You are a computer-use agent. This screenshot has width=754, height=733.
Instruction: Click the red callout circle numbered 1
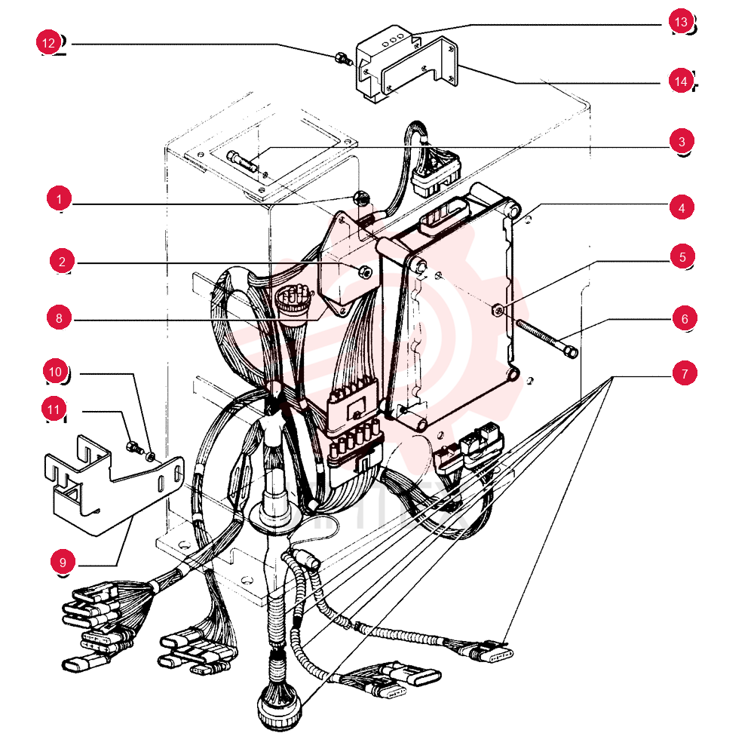click(x=59, y=198)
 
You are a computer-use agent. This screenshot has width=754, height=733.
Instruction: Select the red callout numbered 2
click(x=62, y=261)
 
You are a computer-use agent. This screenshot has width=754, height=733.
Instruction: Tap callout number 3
click(x=682, y=141)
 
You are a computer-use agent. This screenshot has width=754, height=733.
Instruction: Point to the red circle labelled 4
click(x=682, y=207)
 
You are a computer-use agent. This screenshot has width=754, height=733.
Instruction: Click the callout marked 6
click(x=685, y=318)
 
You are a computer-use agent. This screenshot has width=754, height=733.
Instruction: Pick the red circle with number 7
click(x=685, y=373)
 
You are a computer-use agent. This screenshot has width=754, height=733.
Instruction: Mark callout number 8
click(x=59, y=317)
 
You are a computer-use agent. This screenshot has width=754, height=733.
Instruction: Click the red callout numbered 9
click(x=63, y=562)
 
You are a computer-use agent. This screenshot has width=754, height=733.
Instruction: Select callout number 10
click(x=55, y=371)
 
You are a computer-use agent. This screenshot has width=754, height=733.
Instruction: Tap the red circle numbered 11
click(x=54, y=409)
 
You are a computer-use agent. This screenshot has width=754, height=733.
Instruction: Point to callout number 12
click(x=48, y=42)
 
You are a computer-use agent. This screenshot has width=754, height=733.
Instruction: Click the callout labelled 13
click(x=681, y=21)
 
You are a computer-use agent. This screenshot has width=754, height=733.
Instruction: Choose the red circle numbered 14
click(x=681, y=81)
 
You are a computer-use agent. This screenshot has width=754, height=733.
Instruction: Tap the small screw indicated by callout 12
click(x=342, y=59)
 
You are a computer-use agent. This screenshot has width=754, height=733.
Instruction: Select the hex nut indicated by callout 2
click(x=366, y=272)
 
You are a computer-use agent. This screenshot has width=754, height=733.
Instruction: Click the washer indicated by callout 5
click(x=498, y=310)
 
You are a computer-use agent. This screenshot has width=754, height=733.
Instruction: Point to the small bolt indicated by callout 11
click(x=134, y=448)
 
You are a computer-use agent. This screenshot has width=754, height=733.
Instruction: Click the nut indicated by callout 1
click(x=360, y=197)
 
